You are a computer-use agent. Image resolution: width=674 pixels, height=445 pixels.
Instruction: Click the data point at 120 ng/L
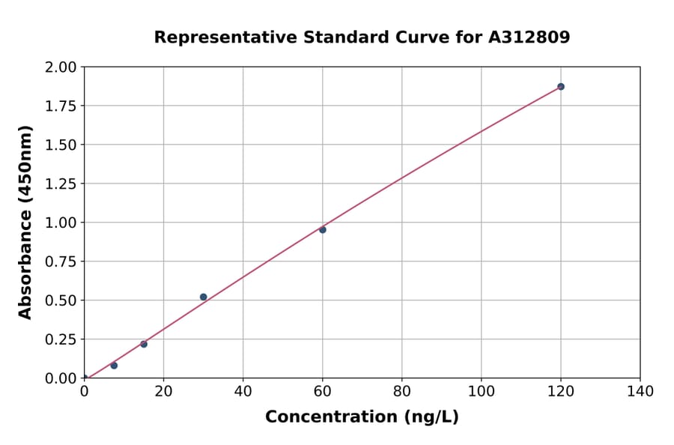pyautogui.click(x=560, y=87)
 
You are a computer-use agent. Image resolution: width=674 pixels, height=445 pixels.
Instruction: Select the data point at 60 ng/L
pyautogui.click(x=323, y=230)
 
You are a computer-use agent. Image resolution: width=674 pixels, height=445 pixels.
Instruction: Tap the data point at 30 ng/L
pyautogui.click(x=204, y=297)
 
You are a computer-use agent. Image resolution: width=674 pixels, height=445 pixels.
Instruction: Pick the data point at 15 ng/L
pyautogui.click(x=144, y=344)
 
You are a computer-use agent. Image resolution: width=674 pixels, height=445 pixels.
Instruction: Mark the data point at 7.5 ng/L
pyautogui.click(x=114, y=366)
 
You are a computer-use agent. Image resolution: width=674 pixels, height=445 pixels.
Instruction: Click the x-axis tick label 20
pyautogui.click(x=163, y=391)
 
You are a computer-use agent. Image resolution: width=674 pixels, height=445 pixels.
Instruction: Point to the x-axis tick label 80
pyautogui.click(x=402, y=391)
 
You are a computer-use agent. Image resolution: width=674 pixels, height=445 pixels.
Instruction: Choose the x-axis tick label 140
pyautogui.click(x=640, y=391)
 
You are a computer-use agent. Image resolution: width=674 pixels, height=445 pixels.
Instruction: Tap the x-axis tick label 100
pyautogui.click(x=482, y=391)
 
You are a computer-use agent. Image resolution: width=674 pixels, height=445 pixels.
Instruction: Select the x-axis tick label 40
pyautogui.click(x=243, y=391)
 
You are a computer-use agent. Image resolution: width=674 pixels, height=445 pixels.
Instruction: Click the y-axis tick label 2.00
pyautogui.click(x=61, y=67)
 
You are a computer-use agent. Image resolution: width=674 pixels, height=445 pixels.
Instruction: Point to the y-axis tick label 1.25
pyautogui.click(x=61, y=184)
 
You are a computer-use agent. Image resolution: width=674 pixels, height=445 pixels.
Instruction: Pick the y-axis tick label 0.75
pyautogui.click(x=61, y=261)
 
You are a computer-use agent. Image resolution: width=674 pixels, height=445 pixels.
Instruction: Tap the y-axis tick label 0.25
pyautogui.click(x=61, y=339)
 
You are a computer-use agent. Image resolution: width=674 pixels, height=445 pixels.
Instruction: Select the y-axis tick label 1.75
pyautogui.click(x=61, y=106)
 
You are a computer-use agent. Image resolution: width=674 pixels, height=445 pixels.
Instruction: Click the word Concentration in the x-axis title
pyautogui.click(x=331, y=417)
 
